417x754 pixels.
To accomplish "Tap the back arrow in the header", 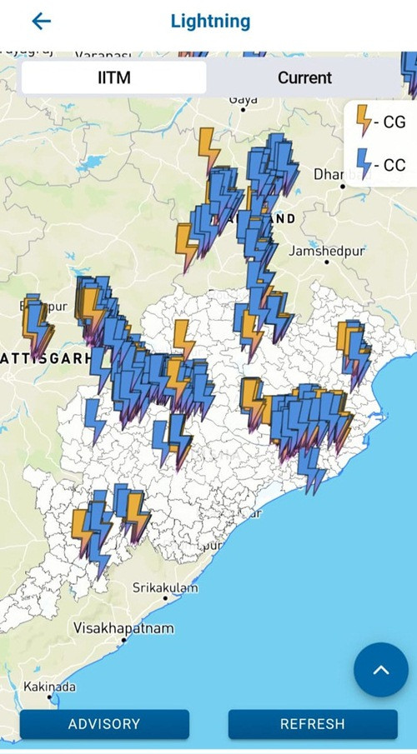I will pos(41,22).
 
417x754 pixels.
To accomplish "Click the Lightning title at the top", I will pos(210,22).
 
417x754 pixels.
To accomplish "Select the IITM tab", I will pos(113,77).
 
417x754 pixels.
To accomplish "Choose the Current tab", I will pos(304,77).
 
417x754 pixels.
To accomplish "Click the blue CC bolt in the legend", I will pos(364,163).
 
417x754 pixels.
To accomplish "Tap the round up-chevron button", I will pos(381,670).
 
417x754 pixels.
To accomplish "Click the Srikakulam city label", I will pos(165,588).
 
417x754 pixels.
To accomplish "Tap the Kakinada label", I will pos(50,687).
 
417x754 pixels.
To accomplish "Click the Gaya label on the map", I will pos(243,99).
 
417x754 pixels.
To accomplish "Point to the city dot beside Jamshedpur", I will pos(326,262).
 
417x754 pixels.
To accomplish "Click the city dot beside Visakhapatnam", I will pos(123,640).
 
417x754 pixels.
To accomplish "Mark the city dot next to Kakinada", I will pos(49,697).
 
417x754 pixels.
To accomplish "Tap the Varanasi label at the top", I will pos(103,56).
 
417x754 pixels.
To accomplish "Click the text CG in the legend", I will pos(394,122).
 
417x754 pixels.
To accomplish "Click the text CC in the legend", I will pos(394,165).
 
